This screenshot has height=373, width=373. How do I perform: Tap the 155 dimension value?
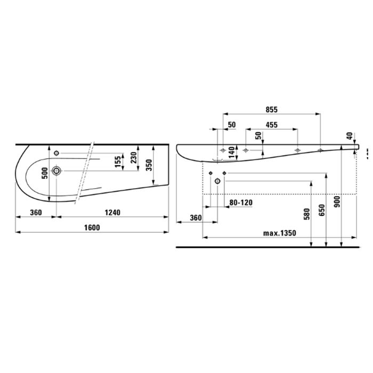[118, 162]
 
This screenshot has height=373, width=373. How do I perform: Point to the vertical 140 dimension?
[232, 151]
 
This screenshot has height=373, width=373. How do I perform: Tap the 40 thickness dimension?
[349, 136]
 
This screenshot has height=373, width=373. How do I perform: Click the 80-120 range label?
[241, 202]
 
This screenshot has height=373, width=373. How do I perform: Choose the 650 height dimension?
[321, 210]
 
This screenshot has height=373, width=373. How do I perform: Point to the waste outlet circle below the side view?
[217, 182]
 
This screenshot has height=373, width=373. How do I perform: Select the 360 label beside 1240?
[36, 212]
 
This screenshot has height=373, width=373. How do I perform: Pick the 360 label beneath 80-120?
[196, 218]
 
